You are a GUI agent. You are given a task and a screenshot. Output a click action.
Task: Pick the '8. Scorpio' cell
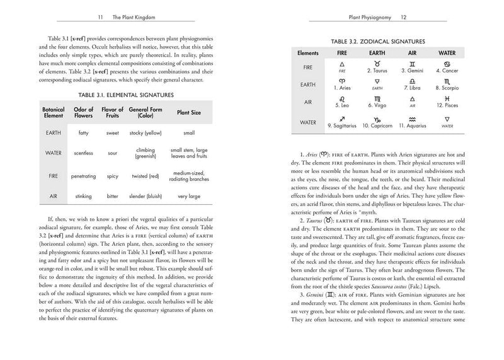click(447, 86)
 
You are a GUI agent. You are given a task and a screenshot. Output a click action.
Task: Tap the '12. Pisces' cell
click(447, 104)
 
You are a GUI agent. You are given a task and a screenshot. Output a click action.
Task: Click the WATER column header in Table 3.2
click(447, 53)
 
